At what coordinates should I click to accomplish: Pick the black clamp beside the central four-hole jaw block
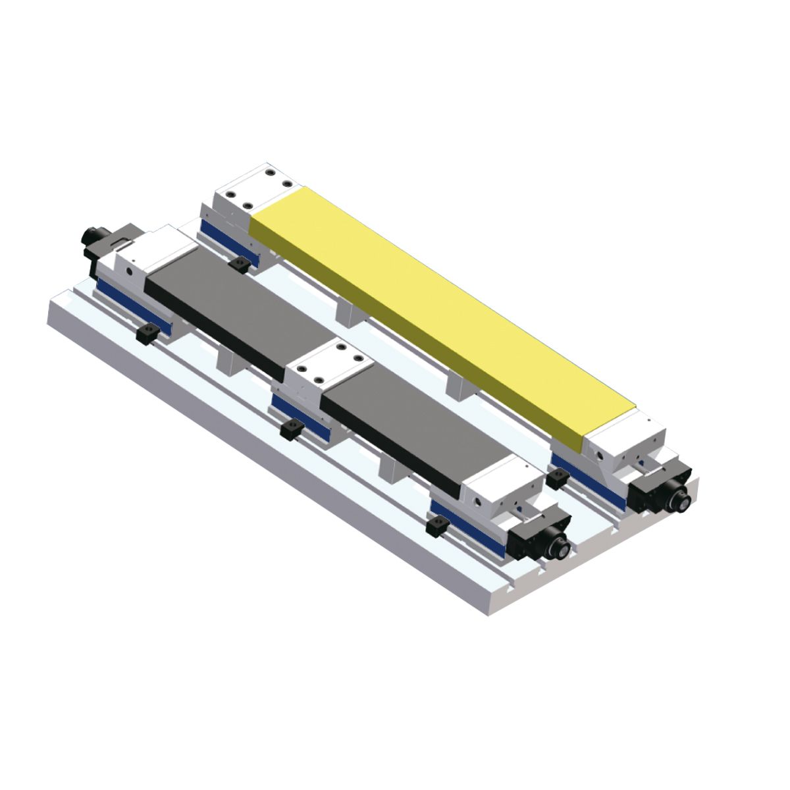coord(290,431)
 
